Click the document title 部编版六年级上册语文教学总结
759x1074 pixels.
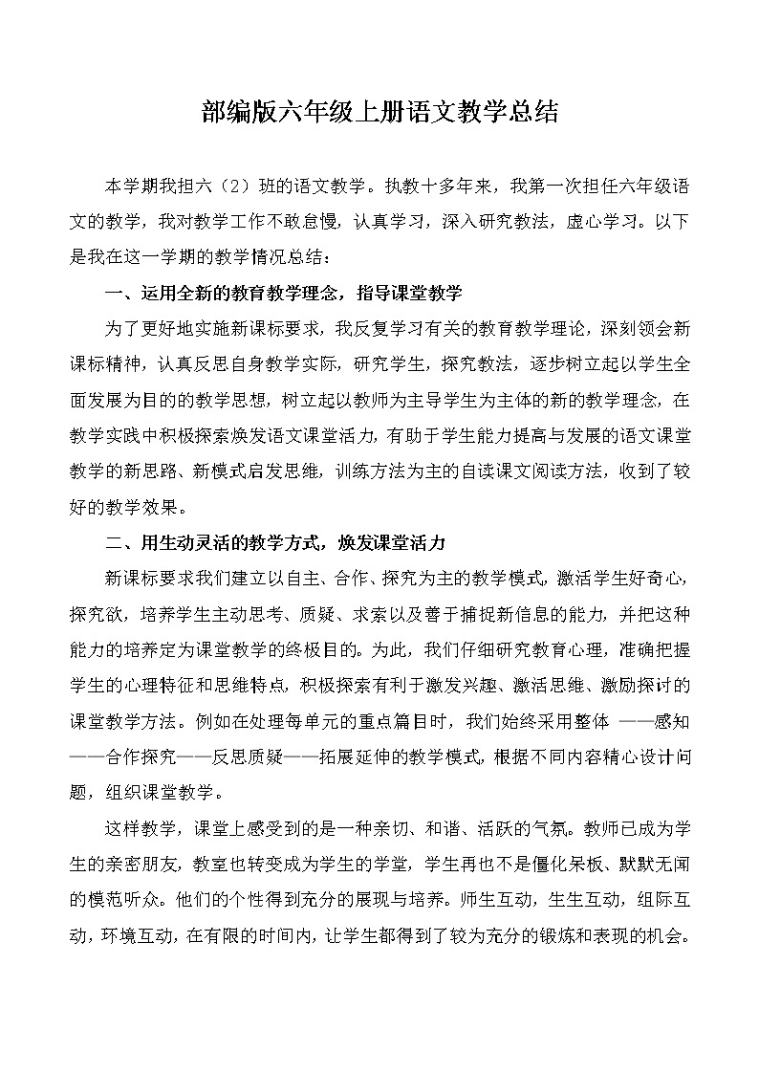pyautogui.click(x=379, y=113)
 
